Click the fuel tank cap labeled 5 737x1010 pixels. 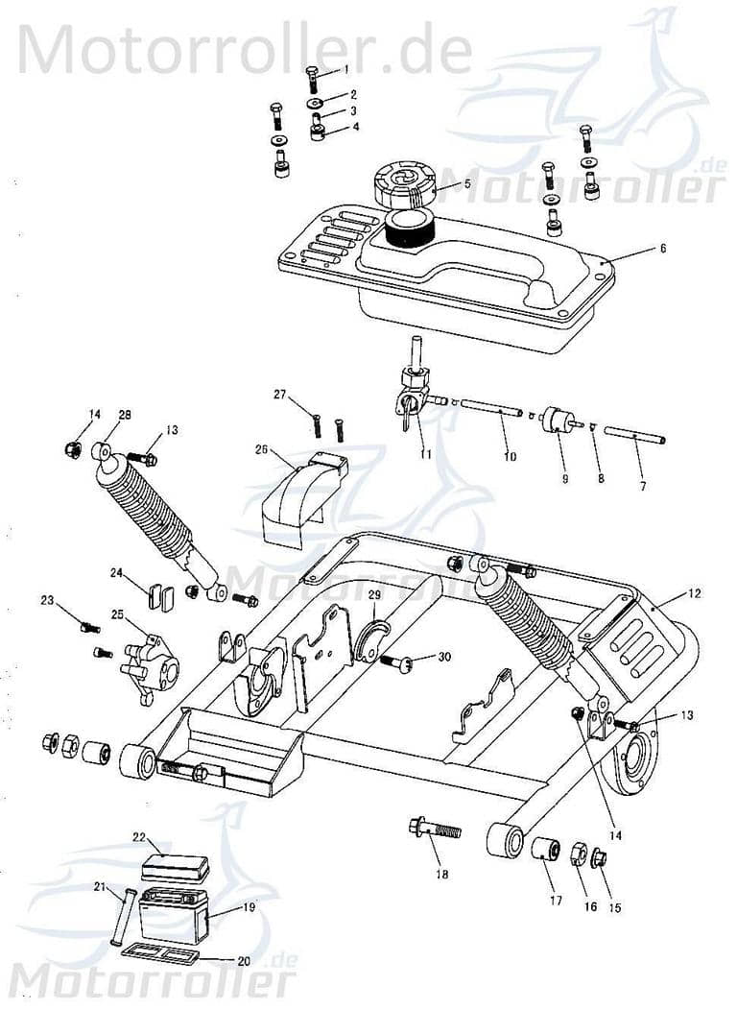[x=403, y=186]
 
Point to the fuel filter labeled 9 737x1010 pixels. [x=558, y=421]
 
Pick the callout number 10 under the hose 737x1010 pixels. [x=510, y=458]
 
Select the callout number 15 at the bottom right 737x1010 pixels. [x=616, y=906]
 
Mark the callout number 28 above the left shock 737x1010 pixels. [x=125, y=415]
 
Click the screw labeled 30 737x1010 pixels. [x=401, y=661]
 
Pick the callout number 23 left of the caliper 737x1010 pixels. [x=47, y=601]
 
